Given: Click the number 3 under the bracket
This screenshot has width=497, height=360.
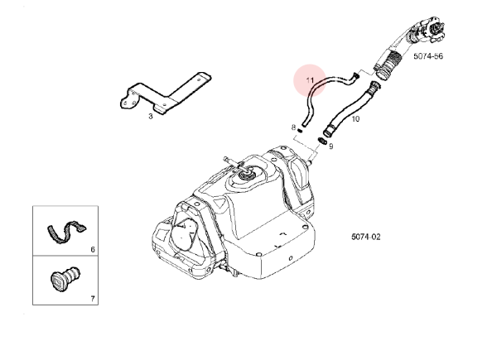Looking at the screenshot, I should pyautogui.click(x=151, y=117).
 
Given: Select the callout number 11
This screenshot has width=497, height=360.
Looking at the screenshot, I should pyautogui.click(x=311, y=80).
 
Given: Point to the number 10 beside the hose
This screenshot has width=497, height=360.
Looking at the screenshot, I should pyautogui.click(x=356, y=119).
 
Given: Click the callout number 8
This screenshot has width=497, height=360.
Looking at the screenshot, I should pyautogui.click(x=293, y=127).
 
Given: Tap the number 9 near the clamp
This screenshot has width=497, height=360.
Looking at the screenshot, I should pyautogui.click(x=331, y=146).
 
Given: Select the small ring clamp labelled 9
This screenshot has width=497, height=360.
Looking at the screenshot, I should pyautogui.click(x=320, y=142).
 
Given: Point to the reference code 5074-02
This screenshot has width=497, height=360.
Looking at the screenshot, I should pyautogui.click(x=365, y=236).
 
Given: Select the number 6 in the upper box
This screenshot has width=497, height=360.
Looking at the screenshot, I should pyautogui.click(x=93, y=248).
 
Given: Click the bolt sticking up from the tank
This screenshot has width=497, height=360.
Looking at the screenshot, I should pyautogui.click(x=228, y=160).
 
